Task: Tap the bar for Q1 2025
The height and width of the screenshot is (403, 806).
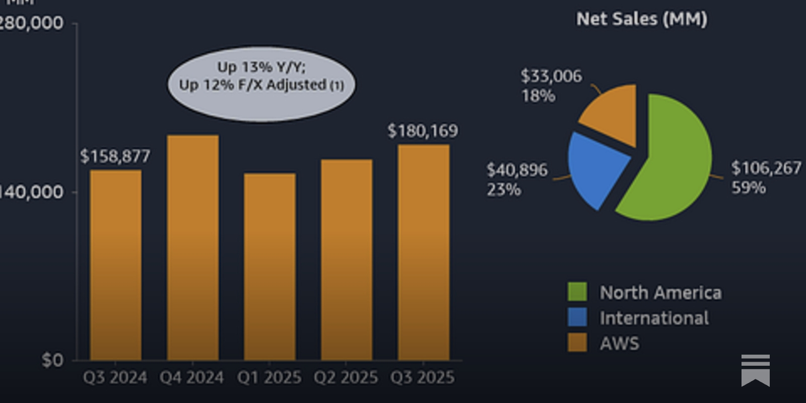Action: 270,267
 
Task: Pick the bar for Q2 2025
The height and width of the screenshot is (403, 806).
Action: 347,259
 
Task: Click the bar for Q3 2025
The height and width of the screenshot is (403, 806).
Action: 424,252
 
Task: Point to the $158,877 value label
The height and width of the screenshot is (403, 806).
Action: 115,156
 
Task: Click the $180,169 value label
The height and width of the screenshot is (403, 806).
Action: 423,131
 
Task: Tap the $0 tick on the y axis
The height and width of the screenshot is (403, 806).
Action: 52,360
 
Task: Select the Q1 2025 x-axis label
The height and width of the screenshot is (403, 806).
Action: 269,377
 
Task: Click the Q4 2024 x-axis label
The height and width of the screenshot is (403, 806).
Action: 191,377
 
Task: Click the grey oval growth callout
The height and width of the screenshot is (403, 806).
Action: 261,84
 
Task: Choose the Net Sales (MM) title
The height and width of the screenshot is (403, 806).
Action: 641,19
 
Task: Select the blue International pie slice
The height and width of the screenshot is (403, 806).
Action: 597,166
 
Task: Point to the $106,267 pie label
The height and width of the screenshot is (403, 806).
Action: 766,168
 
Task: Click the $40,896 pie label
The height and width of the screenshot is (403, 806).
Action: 517,170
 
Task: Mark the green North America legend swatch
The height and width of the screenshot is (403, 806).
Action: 577,292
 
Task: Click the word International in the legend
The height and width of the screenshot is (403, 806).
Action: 654,318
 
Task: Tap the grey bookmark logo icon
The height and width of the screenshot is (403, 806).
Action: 755,370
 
